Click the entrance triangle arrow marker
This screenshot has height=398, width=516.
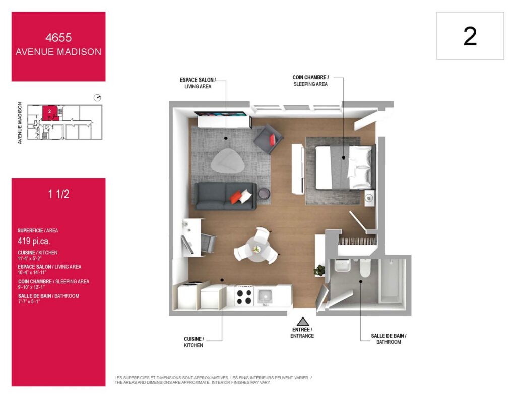[303, 322]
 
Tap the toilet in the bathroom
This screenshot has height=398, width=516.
[365, 268]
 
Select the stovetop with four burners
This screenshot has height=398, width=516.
[244, 296]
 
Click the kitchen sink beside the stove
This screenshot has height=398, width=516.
[265, 296]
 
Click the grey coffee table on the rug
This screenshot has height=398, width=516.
[228, 161]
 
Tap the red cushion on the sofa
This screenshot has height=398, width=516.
[235, 197]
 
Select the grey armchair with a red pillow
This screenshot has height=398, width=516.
[268, 139]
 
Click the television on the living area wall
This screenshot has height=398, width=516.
[221, 114]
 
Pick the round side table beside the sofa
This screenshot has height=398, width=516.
[264, 194]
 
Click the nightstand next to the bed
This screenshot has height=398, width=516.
[369, 198]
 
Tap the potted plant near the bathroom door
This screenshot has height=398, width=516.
[319, 270]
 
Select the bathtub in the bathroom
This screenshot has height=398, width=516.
[392, 281]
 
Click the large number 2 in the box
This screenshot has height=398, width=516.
[470, 36]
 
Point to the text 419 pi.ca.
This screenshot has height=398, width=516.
[34, 241]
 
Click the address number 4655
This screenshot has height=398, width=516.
[58, 37]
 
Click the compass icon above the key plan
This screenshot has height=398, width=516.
[97, 98]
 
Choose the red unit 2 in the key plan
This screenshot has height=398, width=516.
[50, 113]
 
